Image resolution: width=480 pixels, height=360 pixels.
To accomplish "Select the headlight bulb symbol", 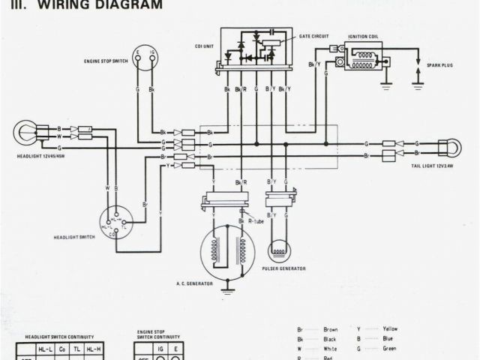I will click(25, 133).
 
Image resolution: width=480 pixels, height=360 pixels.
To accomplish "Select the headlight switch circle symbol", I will click(116, 223).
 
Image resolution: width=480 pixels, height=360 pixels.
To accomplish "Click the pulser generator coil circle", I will click(279, 248).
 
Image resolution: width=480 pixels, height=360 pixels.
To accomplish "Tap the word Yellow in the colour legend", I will click(391, 329).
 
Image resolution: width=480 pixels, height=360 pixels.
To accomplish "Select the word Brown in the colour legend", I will click(330, 329).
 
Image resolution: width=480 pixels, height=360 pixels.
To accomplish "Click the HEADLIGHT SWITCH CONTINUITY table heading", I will click(61, 337).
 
